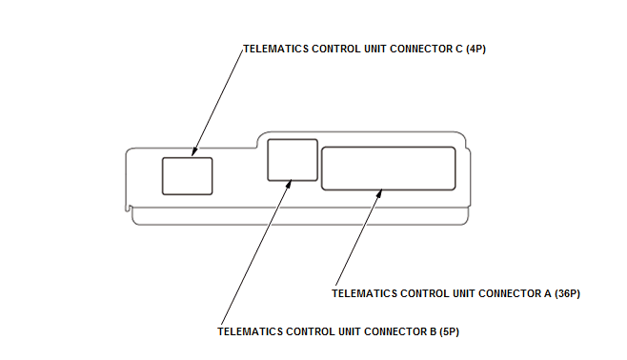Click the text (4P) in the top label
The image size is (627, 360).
click(x=475, y=49)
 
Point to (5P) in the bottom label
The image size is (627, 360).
click(x=449, y=331)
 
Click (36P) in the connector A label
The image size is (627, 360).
click(x=567, y=293)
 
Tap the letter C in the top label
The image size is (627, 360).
click(x=459, y=49)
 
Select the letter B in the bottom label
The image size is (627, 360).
click(x=433, y=331)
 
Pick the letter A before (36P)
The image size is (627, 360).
click(x=547, y=293)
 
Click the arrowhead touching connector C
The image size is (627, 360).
click(x=194, y=151)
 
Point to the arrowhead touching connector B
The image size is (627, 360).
click(x=288, y=184)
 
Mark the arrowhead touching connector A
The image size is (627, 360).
click(x=378, y=193)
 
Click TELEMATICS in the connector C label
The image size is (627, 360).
click(x=276, y=49)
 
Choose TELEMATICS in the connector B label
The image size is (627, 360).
click(x=251, y=331)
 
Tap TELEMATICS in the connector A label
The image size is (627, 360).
click(x=364, y=293)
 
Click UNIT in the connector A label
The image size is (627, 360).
click(x=463, y=293)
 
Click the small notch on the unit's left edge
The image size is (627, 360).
click(x=129, y=208)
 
